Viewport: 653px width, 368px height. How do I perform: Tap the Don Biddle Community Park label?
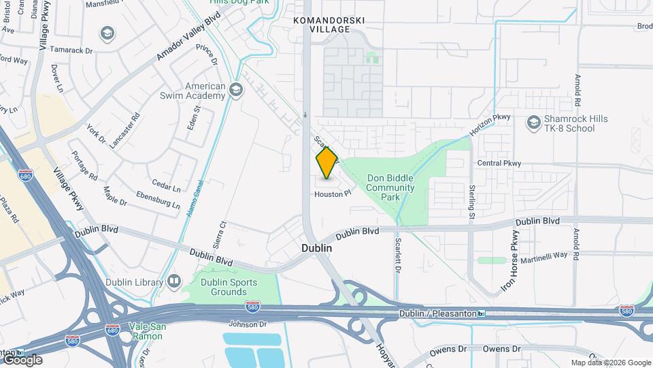[x=390, y=187]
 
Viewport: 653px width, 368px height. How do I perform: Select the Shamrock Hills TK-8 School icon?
[x=533, y=123]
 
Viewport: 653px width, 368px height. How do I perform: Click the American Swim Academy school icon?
[x=236, y=91]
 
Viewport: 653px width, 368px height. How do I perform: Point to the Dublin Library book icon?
[x=174, y=281]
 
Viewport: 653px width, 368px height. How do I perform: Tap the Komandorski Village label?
[x=329, y=25]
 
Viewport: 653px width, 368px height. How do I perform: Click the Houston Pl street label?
[x=332, y=194]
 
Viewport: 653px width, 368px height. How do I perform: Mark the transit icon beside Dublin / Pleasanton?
[x=482, y=313]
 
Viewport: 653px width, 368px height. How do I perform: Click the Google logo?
[x=22, y=360]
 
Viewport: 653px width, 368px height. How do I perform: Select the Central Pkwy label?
[x=499, y=163]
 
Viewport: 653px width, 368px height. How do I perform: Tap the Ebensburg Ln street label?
[x=158, y=201]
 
